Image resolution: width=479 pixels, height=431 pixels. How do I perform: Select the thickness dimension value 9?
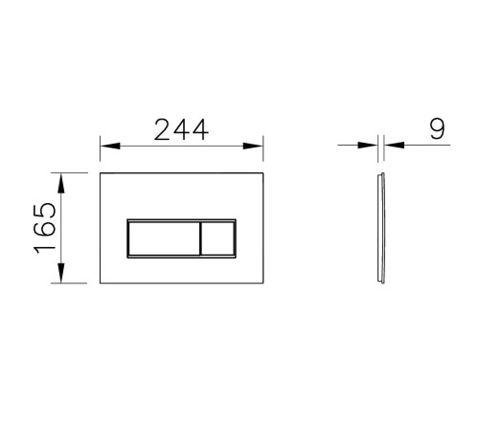point(438,129)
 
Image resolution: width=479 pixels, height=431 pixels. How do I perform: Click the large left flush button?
point(162,238)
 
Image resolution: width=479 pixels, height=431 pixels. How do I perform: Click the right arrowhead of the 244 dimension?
point(258,146)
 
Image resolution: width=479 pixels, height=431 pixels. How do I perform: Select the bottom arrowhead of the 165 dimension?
point(62,278)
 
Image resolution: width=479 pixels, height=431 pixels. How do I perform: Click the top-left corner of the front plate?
point(101,173)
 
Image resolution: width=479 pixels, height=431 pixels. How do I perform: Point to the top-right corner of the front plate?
point(263,173)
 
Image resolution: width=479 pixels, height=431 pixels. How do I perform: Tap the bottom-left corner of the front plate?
point(101,284)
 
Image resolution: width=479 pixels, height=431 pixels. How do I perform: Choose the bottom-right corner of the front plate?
point(263,284)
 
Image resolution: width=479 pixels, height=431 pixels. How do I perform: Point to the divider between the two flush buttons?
point(198,238)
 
